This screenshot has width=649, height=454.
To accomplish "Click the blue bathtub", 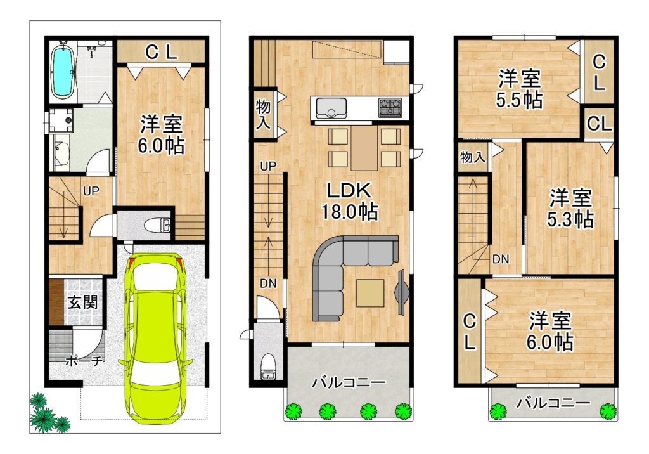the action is (x=62, y=72).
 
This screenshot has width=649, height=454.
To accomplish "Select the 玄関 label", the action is (x=83, y=302).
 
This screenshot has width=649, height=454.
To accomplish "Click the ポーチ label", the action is (x=84, y=361).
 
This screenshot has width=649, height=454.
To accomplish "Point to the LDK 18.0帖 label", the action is (x=350, y=201).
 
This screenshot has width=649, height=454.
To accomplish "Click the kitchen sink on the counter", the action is (x=331, y=108).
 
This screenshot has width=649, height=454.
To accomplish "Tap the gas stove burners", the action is (x=390, y=107).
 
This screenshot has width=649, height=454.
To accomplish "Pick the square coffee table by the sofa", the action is (x=370, y=293).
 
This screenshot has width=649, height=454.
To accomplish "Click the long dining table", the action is (x=364, y=148).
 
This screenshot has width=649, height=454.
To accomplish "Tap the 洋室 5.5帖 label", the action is (x=519, y=89).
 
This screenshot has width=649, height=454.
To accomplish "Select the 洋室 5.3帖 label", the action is (x=570, y=209).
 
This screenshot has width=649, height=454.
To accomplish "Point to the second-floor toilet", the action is (x=268, y=366).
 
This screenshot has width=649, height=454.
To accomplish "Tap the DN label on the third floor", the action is (x=501, y=259).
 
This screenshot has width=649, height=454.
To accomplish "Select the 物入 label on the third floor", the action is (x=473, y=157).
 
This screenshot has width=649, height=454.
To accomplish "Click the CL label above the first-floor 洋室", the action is (x=161, y=52).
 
